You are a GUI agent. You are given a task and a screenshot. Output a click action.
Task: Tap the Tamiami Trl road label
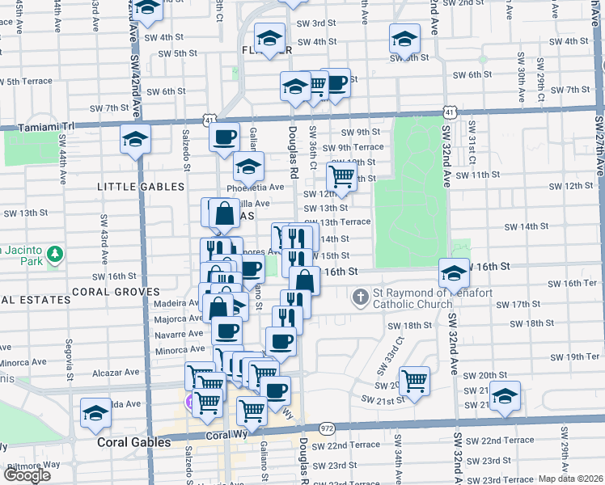(46, 126)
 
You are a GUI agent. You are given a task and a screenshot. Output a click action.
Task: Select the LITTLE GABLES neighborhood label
(141, 187)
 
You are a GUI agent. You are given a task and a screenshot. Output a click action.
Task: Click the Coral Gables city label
(133, 443)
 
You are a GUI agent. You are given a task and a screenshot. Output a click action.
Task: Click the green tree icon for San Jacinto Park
(55, 255)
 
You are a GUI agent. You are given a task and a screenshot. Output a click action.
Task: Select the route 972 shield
(327, 427)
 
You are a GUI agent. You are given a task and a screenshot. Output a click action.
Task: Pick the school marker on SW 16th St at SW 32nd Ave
(454, 271)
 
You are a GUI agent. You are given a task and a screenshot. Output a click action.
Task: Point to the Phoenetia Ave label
(256, 187)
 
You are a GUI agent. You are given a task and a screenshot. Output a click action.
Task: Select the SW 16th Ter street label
(580, 283)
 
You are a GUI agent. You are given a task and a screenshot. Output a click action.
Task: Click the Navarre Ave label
(178, 334)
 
